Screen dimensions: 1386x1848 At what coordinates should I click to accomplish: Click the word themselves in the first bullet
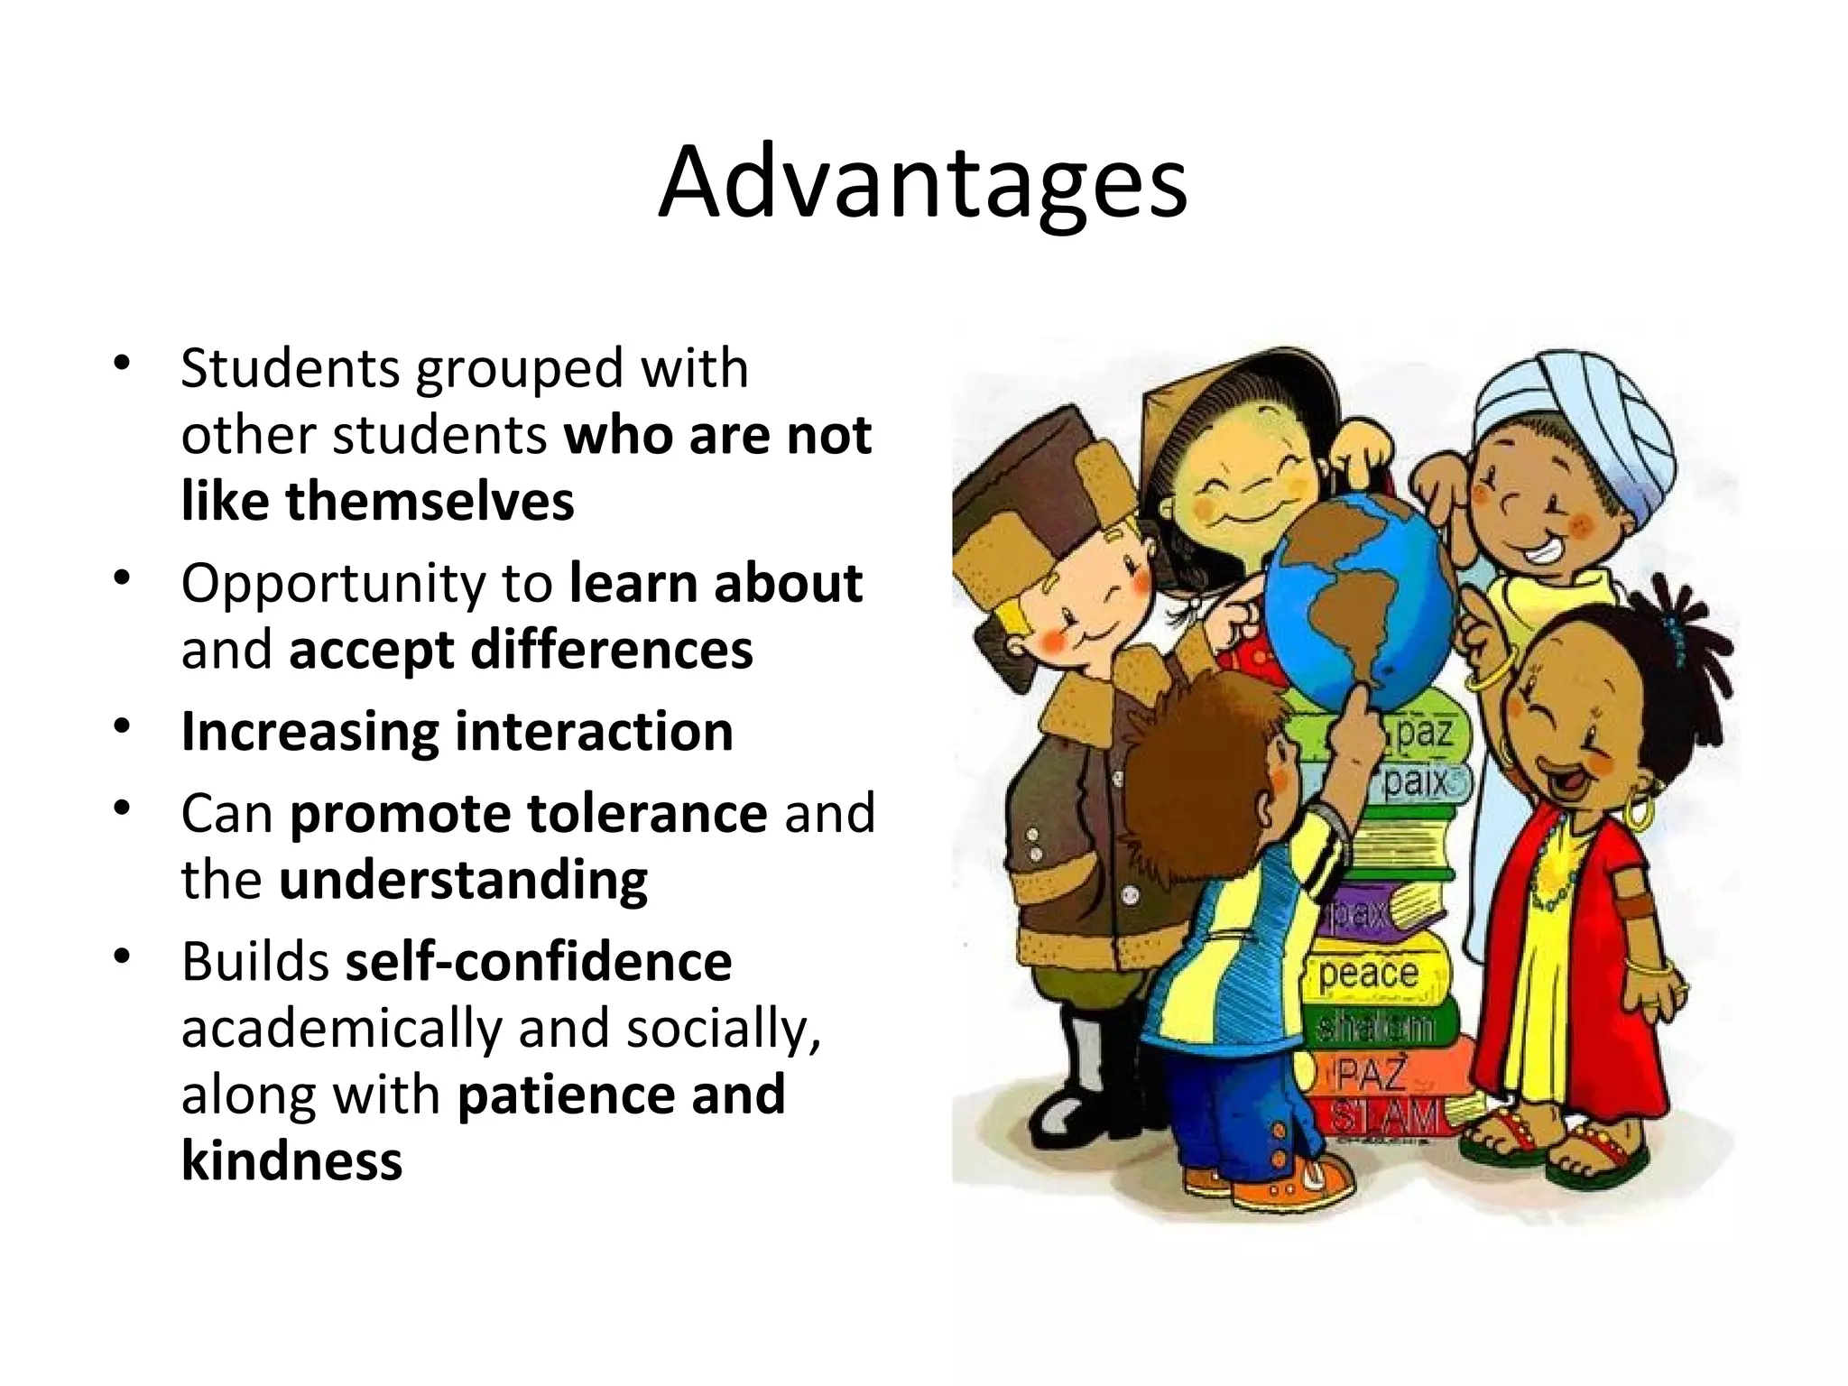coord(430,501)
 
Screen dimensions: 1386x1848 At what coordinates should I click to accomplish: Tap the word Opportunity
coord(333,583)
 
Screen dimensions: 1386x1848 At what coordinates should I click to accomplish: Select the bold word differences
coord(611,650)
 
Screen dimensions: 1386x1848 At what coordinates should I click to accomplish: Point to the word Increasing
coord(310,731)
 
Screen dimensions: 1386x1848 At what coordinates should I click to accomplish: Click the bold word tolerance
coord(646,813)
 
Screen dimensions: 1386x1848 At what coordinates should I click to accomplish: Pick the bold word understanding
coord(463,880)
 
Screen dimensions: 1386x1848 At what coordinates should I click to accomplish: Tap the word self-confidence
coord(538,961)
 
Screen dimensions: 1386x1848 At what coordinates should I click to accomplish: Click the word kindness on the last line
coord(291,1160)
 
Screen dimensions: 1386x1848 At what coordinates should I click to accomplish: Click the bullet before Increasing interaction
coord(123,727)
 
